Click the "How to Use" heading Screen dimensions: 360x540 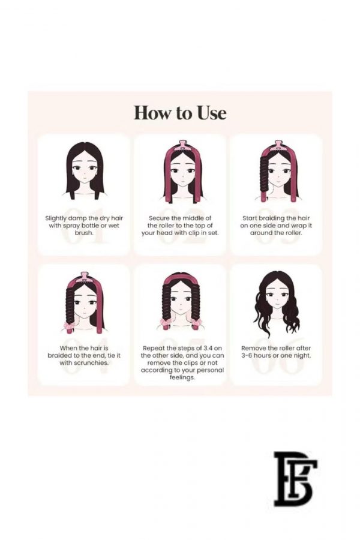[180, 113]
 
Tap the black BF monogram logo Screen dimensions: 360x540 [295, 478]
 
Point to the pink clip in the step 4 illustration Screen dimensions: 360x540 [83, 278]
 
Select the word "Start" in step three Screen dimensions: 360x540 [249, 218]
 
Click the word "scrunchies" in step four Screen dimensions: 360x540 [90, 363]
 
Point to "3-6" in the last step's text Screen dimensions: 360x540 [247, 355]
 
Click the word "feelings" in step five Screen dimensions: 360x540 [182, 378]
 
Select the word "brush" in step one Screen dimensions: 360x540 [83, 233]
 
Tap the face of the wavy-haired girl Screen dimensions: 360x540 [276, 298]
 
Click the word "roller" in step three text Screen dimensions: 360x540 [293, 233]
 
